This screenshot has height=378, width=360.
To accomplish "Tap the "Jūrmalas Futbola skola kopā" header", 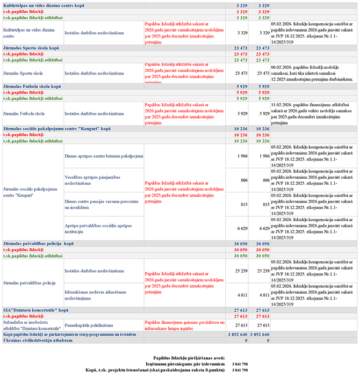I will point(32,86).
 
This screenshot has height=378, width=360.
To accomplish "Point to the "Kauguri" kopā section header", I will point(56,129).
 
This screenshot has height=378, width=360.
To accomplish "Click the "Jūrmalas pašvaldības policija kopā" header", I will point(38,244).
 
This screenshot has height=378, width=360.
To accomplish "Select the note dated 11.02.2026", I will point(313,113).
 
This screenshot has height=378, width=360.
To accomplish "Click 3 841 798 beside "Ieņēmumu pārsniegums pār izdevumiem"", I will point(239,364).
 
